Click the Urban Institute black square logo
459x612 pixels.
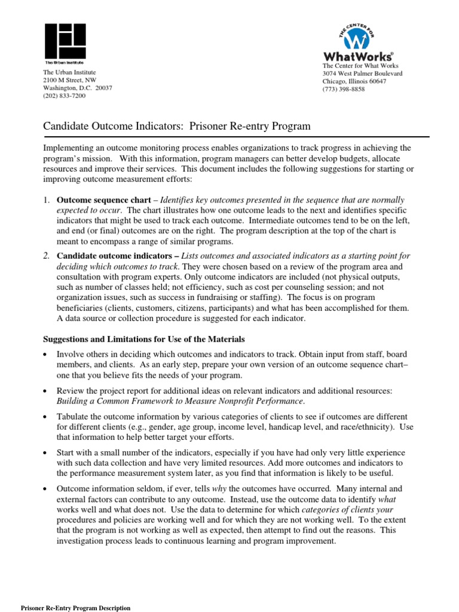coord(64,41)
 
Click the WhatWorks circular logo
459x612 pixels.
coord(357,38)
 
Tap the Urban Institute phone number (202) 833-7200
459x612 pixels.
coord(64,96)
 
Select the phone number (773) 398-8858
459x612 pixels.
coord(344,89)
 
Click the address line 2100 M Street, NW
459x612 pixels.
coord(69,80)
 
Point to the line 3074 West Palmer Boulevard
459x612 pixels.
coord(362,74)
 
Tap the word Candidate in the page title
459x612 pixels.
coord(65,126)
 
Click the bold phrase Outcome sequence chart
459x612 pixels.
coord(103,200)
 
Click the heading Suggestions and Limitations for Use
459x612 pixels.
coord(143,339)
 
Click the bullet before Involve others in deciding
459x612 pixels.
coord(45,355)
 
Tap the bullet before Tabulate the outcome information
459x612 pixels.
coord(45,416)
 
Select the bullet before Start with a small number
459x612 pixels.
coord(45,453)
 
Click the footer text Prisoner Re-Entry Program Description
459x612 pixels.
coord(76,608)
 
